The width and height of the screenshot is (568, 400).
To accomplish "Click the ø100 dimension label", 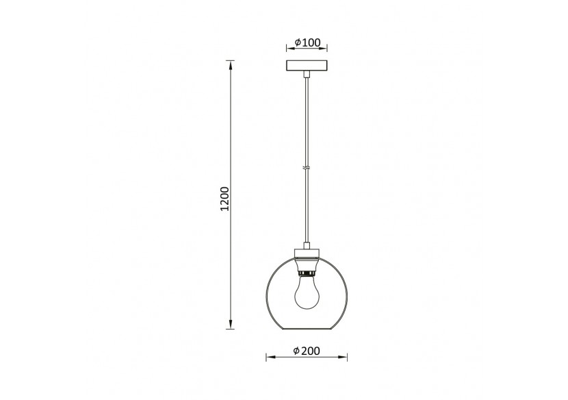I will (307, 42).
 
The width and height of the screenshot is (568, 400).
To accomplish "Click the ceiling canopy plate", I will (307, 68).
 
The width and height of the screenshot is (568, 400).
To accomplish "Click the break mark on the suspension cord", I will (307, 168).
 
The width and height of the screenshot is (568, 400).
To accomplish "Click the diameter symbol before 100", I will (298, 42).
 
